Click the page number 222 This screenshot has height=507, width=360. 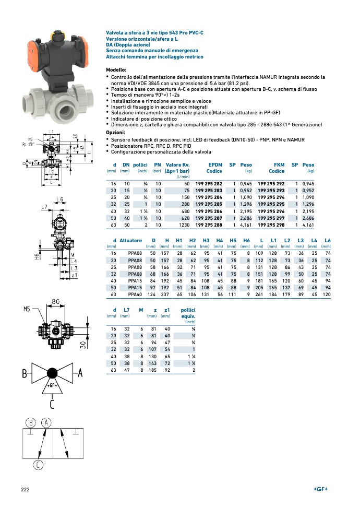pos(25,489)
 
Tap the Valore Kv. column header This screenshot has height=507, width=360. pos(177,168)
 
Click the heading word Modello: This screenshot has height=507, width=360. pos(116,70)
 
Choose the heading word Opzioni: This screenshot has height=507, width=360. pos(116,133)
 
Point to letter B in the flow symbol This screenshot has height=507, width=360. pos(24,374)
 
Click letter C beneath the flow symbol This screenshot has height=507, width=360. pos(52,404)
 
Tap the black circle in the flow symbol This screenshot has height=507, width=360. pos(52,373)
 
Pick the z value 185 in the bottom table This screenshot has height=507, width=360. pos(152,370)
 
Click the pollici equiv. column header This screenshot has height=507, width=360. pos(188,313)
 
